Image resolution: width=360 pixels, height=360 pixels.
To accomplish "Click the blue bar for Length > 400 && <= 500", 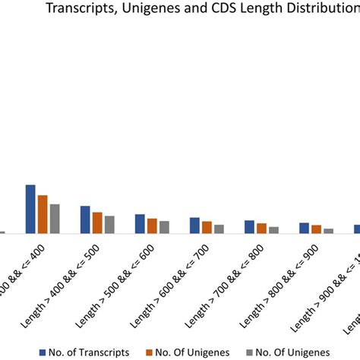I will click(x=85, y=219).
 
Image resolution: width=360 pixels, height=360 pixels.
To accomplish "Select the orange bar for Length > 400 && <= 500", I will click(x=97, y=223).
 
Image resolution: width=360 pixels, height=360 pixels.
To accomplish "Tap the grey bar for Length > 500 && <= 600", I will click(x=164, y=227).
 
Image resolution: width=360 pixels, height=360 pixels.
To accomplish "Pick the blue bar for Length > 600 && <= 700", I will click(x=194, y=226).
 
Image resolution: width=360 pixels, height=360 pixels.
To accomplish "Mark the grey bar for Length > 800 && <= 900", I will click(x=328, y=230).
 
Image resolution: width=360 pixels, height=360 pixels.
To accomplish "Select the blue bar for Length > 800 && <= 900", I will click(x=304, y=228).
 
